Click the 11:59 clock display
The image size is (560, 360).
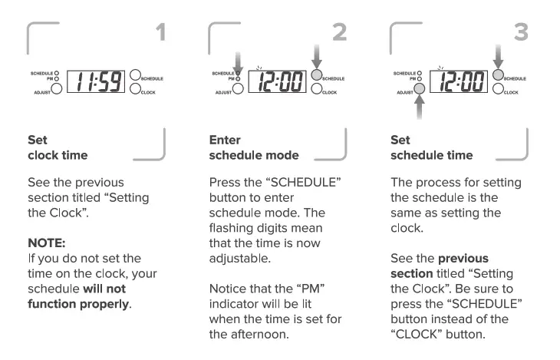coord(97,80)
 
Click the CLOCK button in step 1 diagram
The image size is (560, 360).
coord(136,88)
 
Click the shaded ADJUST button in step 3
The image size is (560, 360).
coord(420,88)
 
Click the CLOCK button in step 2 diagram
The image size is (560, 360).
coord(317,88)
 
